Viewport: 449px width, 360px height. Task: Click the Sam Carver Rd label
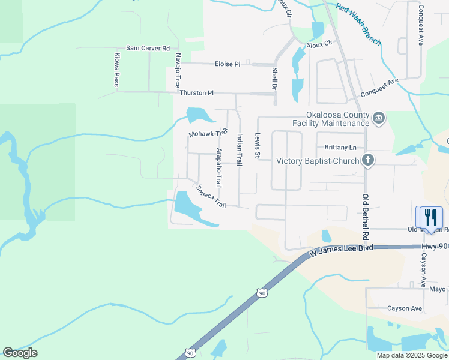(x=148, y=48)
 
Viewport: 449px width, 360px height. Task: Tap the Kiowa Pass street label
(x=117, y=70)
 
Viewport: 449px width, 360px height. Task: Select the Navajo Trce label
(x=178, y=70)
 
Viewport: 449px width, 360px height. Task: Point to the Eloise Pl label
(x=228, y=64)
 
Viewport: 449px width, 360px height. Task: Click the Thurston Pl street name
(x=196, y=93)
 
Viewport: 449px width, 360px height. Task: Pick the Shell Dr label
(x=274, y=78)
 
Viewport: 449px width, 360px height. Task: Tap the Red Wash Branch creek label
(x=359, y=24)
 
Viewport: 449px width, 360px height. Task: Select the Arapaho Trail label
(x=219, y=167)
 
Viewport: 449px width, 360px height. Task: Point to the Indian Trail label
(x=240, y=149)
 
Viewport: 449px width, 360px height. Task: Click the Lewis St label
(x=258, y=146)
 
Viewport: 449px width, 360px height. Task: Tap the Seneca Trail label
(x=211, y=196)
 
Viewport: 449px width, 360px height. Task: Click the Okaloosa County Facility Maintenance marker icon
(x=378, y=118)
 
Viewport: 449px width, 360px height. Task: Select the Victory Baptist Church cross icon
(x=368, y=160)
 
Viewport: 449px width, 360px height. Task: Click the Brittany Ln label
(x=340, y=148)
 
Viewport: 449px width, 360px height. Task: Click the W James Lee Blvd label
(x=340, y=251)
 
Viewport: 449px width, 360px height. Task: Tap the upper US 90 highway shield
(x=261, y=293)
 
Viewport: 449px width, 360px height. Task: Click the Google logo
(x=20, y=353)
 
